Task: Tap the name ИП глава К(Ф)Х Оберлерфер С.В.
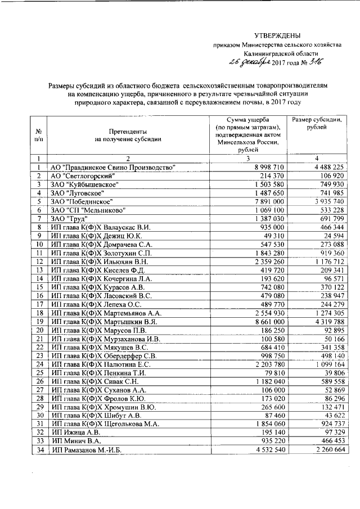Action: (x=103, y=355)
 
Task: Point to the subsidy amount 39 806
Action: (x=332, y=372)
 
